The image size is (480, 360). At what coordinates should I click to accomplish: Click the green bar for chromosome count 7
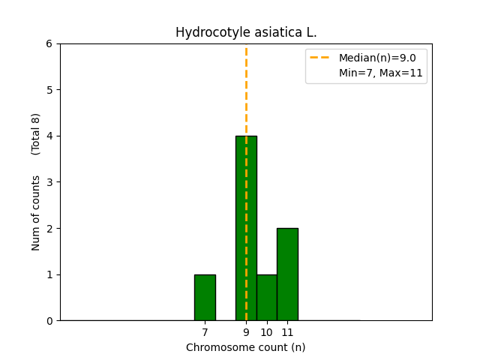point(205,298)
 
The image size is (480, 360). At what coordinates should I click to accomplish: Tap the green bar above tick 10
point(266,298)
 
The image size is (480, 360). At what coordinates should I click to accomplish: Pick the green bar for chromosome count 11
point(287,274)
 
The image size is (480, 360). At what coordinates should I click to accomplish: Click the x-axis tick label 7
point(205,331)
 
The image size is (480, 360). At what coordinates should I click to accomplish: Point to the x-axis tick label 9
point(246,331)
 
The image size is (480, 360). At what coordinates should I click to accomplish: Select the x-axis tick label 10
point(266,331)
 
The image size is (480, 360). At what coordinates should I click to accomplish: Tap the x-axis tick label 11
point(287,331)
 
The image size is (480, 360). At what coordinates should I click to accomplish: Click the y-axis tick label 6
point(49,43)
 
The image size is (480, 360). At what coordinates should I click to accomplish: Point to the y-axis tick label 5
point(49,90)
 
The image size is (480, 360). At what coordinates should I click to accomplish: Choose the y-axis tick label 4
point(49,136)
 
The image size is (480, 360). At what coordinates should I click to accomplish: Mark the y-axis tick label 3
point(49,182)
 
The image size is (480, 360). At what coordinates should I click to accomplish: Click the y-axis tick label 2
point(49,228)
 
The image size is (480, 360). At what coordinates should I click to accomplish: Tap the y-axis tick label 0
point(49,320)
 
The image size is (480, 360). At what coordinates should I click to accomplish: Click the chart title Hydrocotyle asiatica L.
point(246,33)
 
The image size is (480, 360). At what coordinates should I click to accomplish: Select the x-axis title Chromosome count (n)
point(246,347)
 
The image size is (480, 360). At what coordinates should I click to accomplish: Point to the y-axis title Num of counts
point(36,212)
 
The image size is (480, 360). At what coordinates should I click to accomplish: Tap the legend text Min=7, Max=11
point(381,73)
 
